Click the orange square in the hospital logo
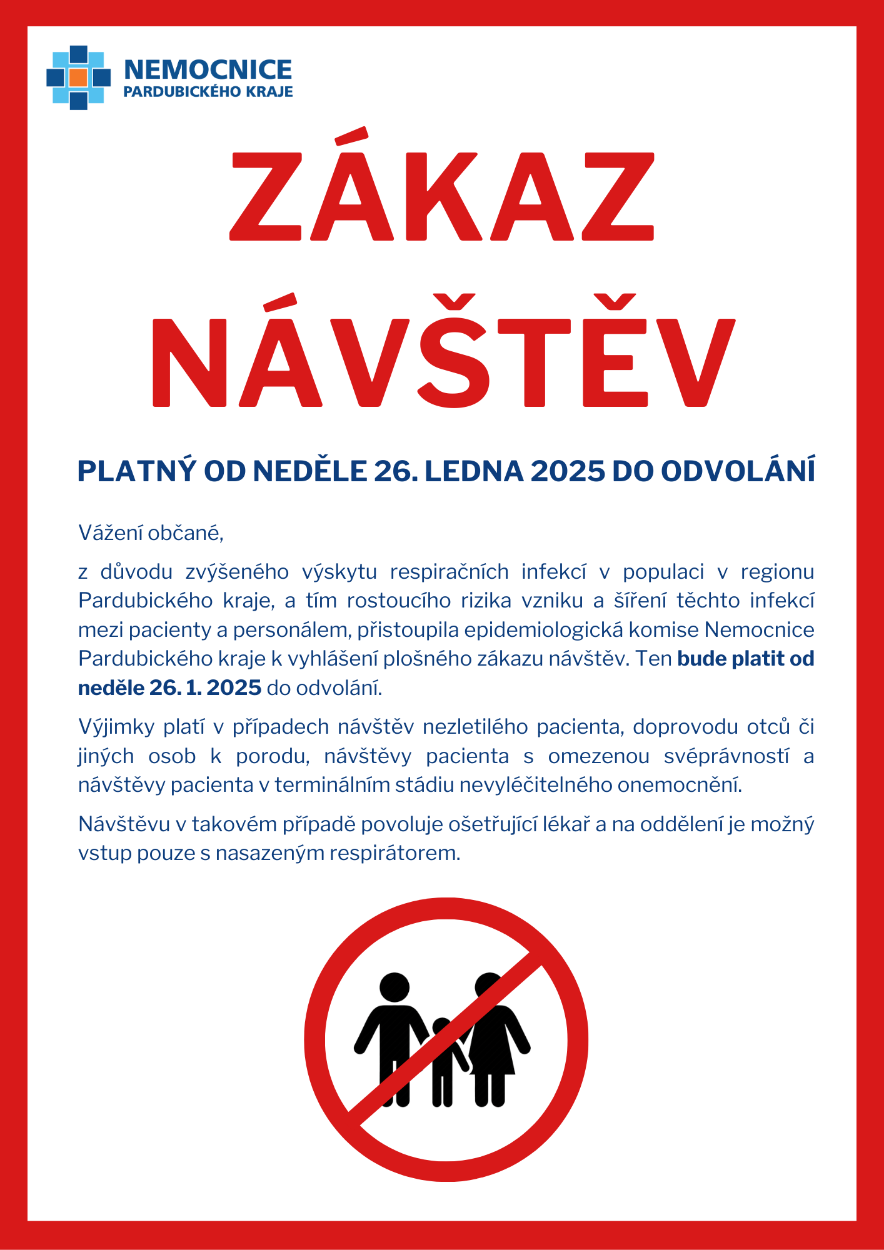click(x=78, y=77)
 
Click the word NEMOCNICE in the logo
click(x=208, y=69)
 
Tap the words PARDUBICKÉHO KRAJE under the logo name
click(x=208, y=92)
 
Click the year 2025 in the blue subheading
click(x=568, y=471)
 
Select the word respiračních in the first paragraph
click(x=450, y=572)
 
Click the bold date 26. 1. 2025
click(x=205, y=687)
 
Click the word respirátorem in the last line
click(x=396, y=853)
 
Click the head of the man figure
click(x=394, y=987)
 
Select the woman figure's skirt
click(x=493, y=1053)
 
